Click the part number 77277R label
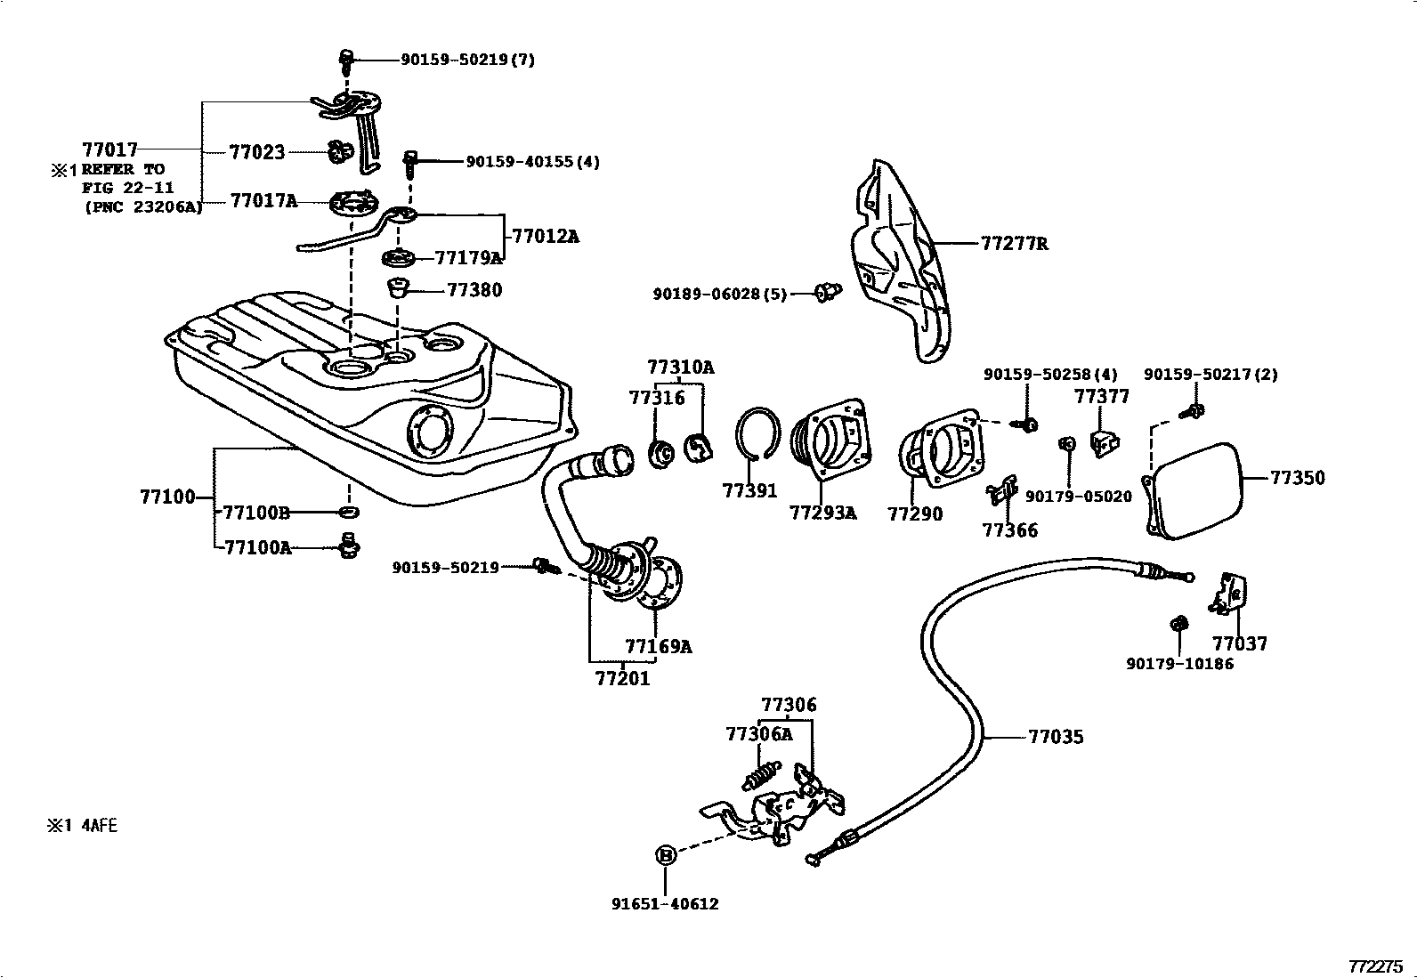pos(1014,243)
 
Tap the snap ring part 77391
pos(757,433)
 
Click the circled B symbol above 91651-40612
pos(665,855)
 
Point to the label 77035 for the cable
pos(1056,737)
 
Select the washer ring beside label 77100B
pos(349,513)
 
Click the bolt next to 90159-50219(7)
pos(347,61)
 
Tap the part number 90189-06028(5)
pos(719,294)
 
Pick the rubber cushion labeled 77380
pos(398,288)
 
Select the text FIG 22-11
pos(127,188)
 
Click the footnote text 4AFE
pos(100,826)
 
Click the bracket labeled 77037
pos(1231,594)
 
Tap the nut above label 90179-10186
pos(1178,623)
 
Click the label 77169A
pos(658,646)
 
